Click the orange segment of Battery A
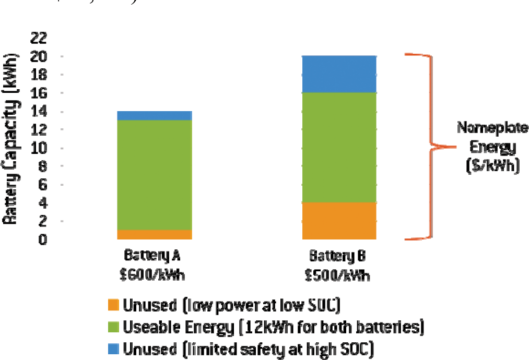[x=155, y=234]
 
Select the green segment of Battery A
[x=155, y=175]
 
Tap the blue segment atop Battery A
[x=155, y=115]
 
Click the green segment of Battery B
[x=339, y=147]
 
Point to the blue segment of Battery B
[x=339, y=74]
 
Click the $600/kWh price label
[x=152, y=273]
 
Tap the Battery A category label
[x=152, y=256]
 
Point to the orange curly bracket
[x=430, y=147]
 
